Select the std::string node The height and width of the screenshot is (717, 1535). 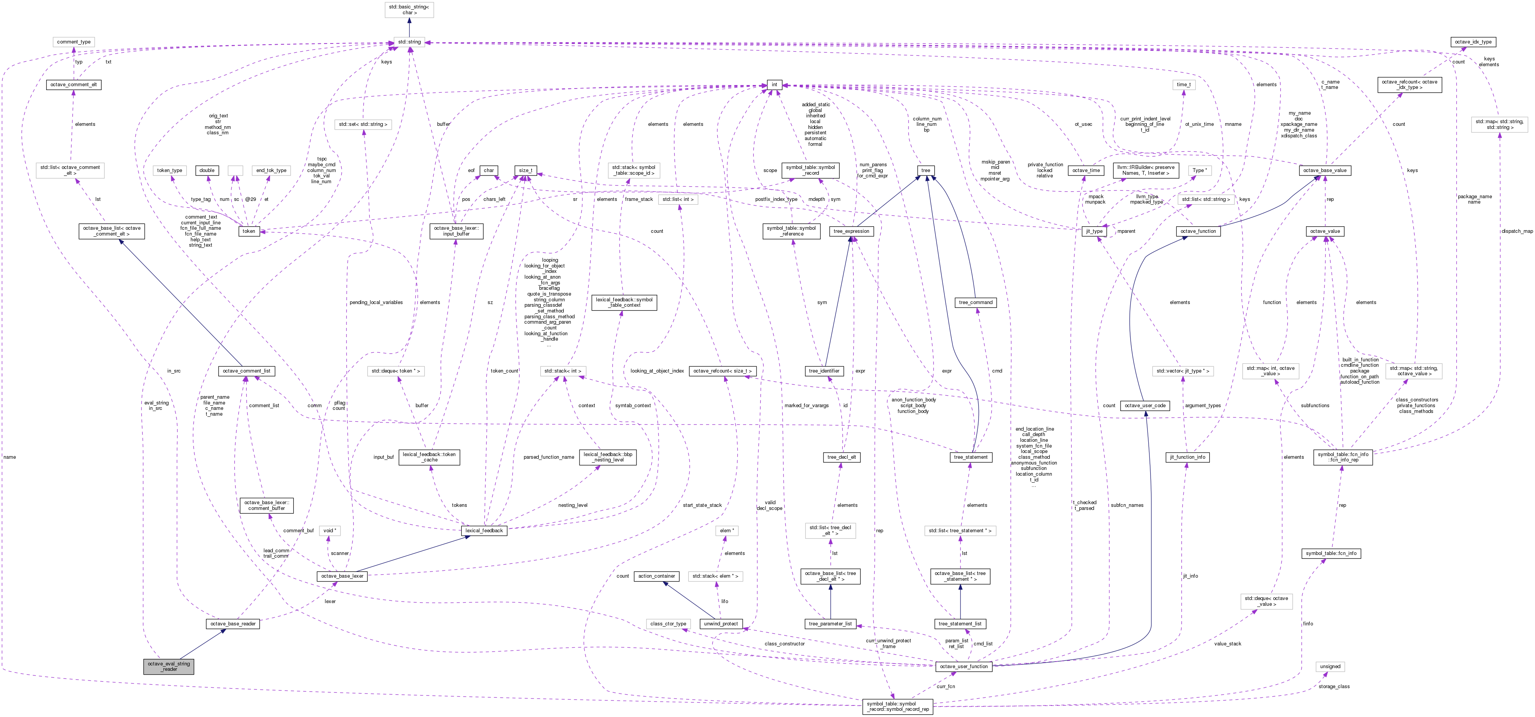tap(409, 42)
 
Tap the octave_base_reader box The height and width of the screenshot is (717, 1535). tap(233, 624)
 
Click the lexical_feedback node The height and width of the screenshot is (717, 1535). tap(484, 530)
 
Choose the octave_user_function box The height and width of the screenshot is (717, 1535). tap(964, 666)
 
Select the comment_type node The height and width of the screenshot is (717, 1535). tap(74, 42)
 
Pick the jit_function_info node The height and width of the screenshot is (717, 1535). tap(1187, 457)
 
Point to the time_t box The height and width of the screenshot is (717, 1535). tap(1183, 85)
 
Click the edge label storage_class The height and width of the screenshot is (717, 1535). tap(1334, 687)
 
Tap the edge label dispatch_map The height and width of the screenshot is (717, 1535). tap(1517, 231)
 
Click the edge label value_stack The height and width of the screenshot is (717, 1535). tap(1228, 644)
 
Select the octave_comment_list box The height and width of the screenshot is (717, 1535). tap(246, 371)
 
